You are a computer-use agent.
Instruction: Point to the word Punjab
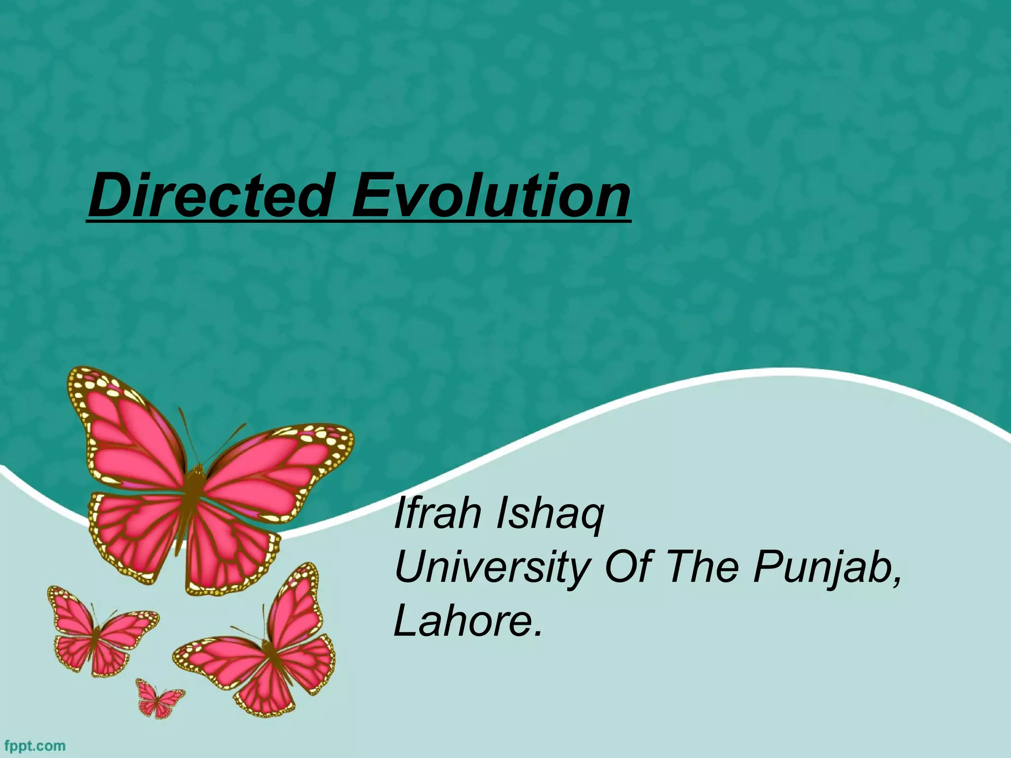pyautogui.click(x=822, y=568)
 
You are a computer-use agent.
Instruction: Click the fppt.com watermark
pyautogui.click(x=34, y=745)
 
